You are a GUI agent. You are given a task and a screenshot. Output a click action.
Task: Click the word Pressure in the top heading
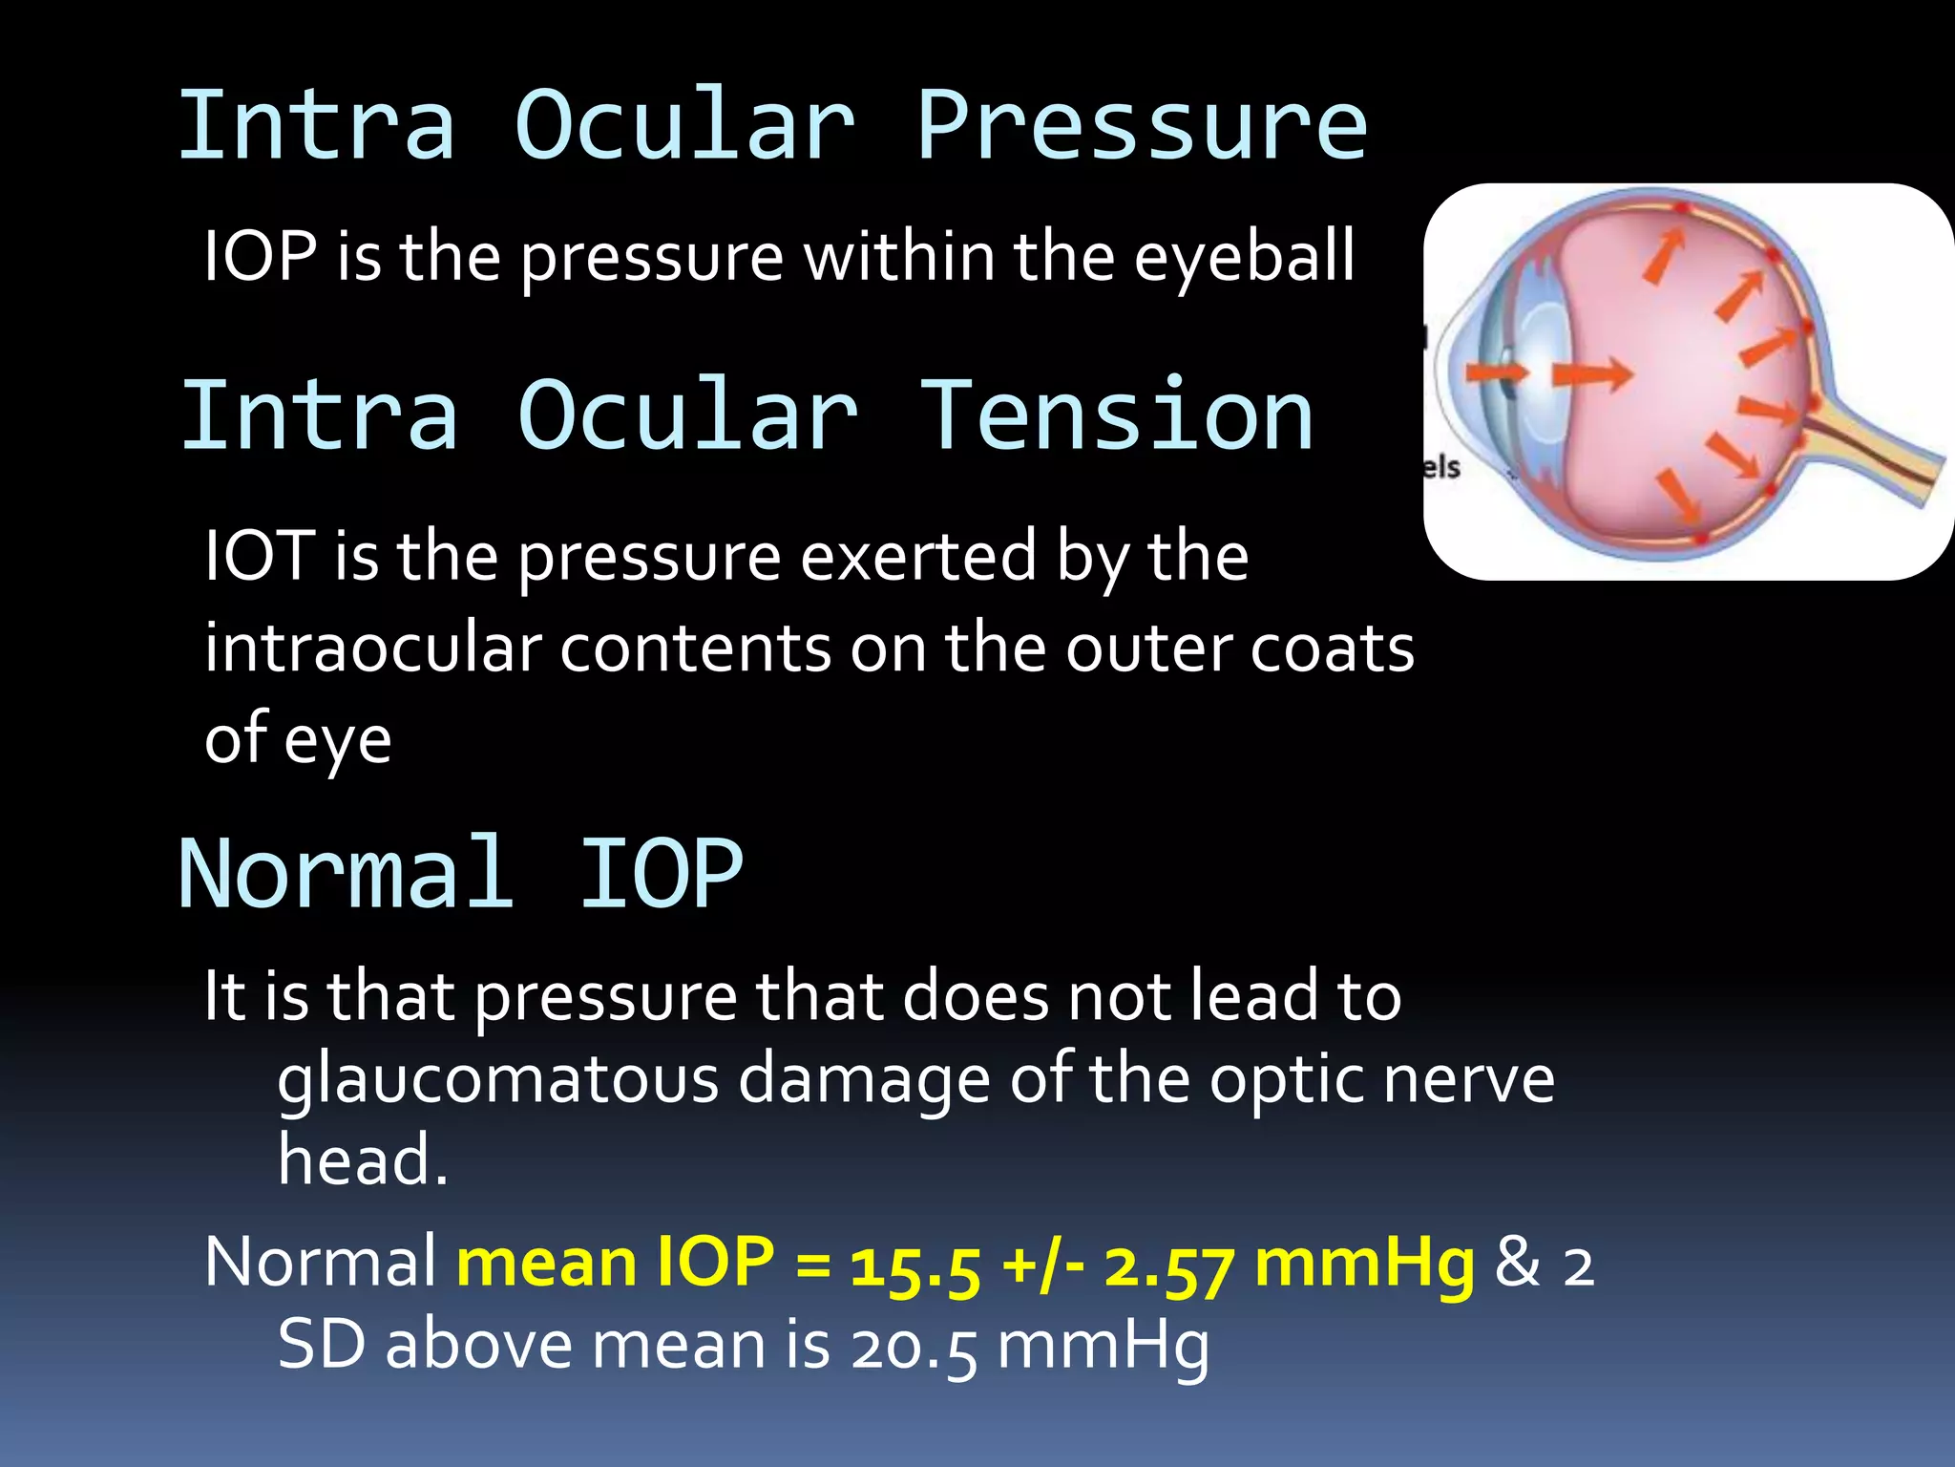coord(1142,126)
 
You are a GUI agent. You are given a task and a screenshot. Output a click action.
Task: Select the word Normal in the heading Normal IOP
coord(346,873)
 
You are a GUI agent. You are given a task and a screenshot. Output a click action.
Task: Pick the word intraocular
coord(373,648)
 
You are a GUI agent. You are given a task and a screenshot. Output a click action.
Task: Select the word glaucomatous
coord(497,1079)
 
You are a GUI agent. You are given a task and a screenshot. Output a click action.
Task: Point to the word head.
coord(362,1159)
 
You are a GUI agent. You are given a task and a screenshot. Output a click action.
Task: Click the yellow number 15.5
coord(914,1265)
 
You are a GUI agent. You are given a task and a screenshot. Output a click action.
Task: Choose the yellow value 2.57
coord(1168,1265)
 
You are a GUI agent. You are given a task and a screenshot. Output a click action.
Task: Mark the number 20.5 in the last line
coord(913,1346)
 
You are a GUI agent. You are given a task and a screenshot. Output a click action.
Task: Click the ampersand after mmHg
coord(1517,1263)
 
